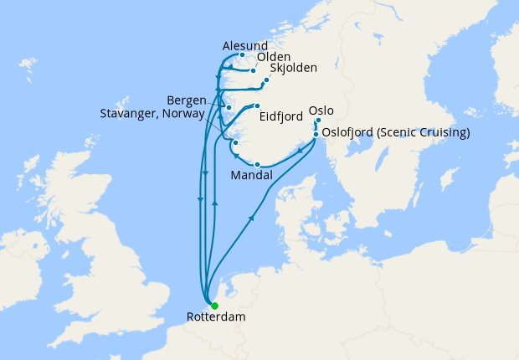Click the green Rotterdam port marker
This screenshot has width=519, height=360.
click(x=215, y=306)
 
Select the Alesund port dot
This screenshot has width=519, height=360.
click(x=243, y=56)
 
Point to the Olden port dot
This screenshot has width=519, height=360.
click(x=253, y=70)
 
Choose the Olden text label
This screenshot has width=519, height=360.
click(x=274, y=58)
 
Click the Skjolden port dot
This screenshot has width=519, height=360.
click(x=266, y=80)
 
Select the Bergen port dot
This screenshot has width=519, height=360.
click(x=228, y=108)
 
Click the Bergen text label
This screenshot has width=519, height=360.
click(x=187, y=100)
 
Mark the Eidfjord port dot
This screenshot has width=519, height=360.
click(x=258, y=105)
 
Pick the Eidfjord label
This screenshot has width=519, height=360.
click(x=281, y=118)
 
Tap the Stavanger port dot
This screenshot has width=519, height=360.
click(x=236, y=143)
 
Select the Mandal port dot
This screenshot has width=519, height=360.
click(x=257, y=164)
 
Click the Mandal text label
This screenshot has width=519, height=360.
click(x=250, y=177)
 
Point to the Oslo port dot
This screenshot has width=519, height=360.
click(x=318, y=121)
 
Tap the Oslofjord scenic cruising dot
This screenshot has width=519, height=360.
click(x=316, y=133)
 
